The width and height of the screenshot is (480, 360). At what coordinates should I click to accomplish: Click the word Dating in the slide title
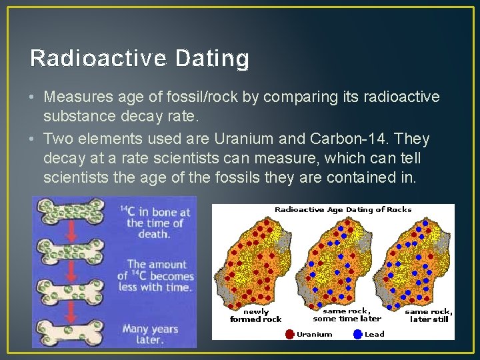pyautogui.click(x=213, y=59)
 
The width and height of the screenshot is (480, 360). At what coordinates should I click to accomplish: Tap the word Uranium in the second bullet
pyautogui.click(x=250, y=139)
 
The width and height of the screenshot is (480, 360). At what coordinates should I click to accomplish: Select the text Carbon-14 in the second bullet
pyautogui.click(x=350, y=139)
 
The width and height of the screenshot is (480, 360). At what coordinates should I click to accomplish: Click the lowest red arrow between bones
pyautogui.click(x=72, y=312)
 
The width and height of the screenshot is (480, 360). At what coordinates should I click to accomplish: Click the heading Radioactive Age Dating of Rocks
pyautogui.click(x=343, y=209)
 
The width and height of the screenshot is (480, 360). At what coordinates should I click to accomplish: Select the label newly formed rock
pyautogui.click(x=255, y=315)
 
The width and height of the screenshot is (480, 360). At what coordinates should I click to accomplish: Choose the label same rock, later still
pyautogui.click(x=429, y=315)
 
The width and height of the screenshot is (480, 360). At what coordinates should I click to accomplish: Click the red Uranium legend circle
pyautogui.click(x=289, y=334)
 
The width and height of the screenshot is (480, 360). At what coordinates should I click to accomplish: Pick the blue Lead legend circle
pyautogui.click(x=358, y=334)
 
